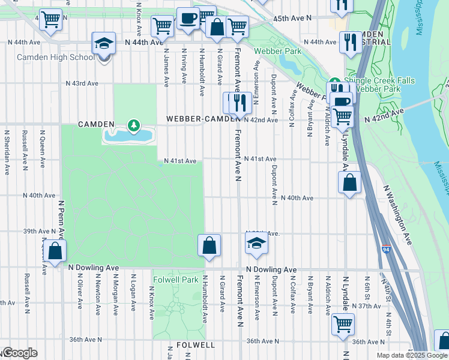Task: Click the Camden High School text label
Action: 55,58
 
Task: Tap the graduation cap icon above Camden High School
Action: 104,43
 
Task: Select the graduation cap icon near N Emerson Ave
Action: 256,243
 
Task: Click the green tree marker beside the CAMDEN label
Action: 133,125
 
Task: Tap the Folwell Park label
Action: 176,280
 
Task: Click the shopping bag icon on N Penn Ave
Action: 55,251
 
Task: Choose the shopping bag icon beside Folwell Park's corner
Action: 209,245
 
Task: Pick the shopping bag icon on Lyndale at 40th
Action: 349,182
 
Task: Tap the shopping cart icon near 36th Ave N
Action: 343,324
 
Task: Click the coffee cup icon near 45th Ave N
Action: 188,18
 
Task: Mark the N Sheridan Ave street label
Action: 7,146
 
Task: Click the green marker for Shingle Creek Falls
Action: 334,83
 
